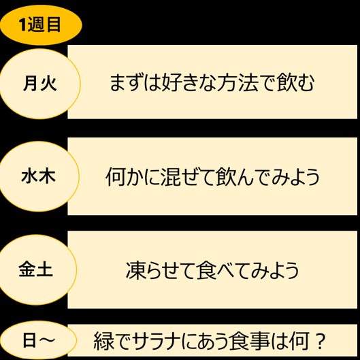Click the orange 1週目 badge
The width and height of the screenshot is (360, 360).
click(41, 25)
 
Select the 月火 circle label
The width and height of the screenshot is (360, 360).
click(40, 84)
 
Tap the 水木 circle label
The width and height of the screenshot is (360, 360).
click(39, 176)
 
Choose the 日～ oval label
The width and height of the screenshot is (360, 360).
click(38, 340)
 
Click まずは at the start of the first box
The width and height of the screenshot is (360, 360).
click(135, 83)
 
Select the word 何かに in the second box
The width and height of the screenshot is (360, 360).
click(133, 177)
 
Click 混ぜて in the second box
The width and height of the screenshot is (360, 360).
click(188, 177)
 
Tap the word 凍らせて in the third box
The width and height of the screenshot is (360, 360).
click(161, 270)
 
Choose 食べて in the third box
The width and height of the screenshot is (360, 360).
click(223, 270)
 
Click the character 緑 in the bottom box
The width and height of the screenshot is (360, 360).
click(103, 341)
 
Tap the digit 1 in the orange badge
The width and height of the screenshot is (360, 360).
click(22, 24)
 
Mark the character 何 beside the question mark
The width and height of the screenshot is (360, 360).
click(299, 341)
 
